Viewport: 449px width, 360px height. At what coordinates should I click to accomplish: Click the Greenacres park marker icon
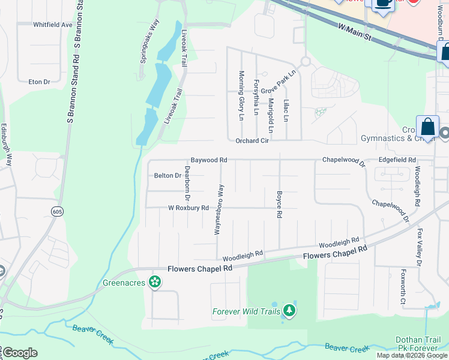point(155,281)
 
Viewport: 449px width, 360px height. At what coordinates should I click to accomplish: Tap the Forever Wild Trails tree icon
point(290,310)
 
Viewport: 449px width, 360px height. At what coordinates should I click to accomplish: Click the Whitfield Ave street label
point(53,25)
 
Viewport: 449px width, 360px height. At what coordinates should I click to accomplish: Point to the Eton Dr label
point(39,81)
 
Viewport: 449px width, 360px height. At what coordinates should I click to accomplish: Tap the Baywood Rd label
point(209,160)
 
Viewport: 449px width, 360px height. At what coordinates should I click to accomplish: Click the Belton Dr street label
point(167,176)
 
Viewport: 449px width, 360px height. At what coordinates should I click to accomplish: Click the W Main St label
point(356,33)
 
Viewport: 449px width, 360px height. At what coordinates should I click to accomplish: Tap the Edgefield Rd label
point(397,160)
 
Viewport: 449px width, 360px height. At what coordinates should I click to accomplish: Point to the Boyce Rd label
point(279,205)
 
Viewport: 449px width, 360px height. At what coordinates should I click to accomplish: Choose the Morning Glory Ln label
point(241,95)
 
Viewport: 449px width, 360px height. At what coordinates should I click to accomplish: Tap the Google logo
point(19,353)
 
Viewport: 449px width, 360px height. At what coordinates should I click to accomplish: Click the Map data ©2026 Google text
point(412,355)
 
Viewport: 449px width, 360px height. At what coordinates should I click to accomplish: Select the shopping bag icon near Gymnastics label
point(427,128)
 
